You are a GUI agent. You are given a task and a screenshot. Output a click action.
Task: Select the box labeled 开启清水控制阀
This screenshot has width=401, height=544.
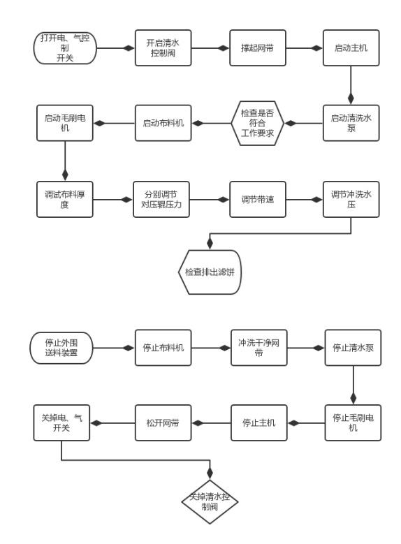162,48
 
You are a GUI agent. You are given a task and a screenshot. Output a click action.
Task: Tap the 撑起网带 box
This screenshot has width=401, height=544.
258,48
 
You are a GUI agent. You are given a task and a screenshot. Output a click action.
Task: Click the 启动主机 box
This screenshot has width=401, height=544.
352,48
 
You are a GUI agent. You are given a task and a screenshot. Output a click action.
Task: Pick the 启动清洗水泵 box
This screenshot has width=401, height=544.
352,123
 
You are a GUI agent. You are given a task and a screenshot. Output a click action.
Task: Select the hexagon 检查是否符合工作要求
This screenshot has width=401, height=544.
258,123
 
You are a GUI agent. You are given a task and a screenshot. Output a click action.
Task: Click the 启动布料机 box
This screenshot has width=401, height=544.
162,123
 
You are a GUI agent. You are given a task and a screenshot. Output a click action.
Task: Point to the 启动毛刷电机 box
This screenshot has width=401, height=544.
65,123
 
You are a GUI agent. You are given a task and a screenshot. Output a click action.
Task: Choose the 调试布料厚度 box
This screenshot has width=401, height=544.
65,199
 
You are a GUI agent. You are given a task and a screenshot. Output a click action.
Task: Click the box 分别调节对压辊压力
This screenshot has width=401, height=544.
162,199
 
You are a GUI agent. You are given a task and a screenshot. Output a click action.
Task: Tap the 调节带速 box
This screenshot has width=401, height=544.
258,199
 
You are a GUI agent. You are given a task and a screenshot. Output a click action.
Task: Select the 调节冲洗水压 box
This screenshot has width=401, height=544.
352,199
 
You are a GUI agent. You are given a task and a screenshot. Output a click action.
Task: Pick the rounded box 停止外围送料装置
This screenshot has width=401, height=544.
61,347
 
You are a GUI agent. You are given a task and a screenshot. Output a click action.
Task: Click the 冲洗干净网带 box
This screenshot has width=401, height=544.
258,347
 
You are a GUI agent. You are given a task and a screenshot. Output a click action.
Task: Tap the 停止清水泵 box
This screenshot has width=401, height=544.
352,347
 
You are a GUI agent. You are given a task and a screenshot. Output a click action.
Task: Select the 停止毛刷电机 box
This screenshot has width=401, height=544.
352,422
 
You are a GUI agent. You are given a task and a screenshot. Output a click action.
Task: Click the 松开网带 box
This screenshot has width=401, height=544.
162,422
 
